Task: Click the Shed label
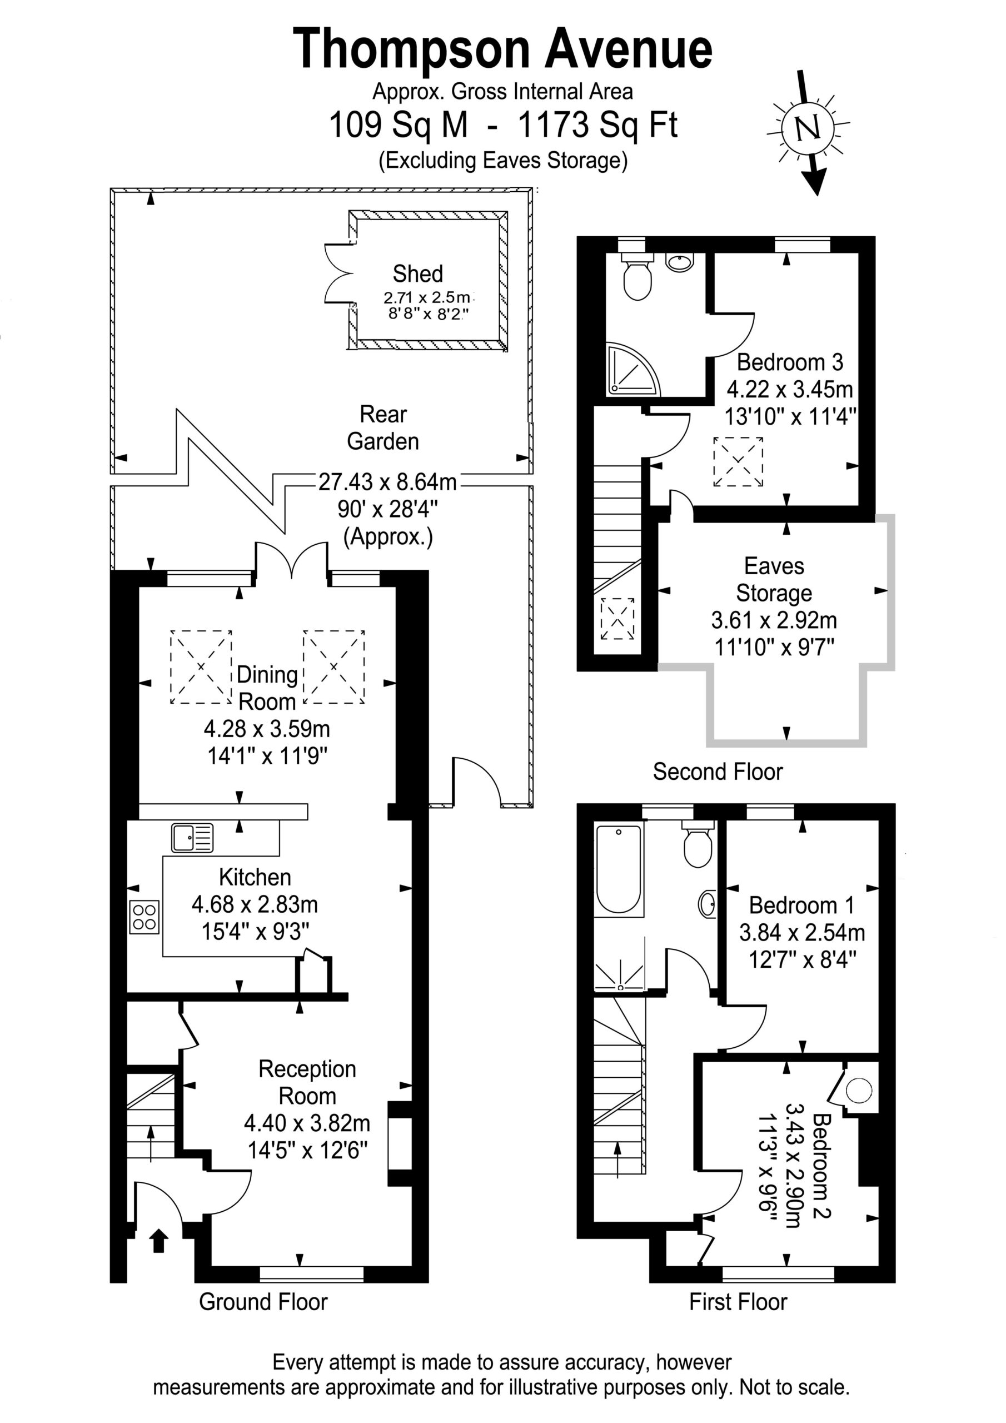pyautogui.click(x=418, y=273)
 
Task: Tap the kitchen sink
pyautogui.click(x=192, y=837)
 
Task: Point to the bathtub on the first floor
pyautogui.click(x=619, y=868)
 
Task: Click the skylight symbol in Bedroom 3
pyautogui.click(x=738, y=462)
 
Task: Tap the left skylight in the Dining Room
pyautogui.click(x=201, y=667)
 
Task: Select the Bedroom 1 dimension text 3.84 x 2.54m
pyautogui.click(x=802, y=932)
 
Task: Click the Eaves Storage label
pyautogui.click(x=774, y=580)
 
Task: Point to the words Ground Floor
pyautogui.click(x=263, y=1302)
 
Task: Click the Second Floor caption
pyautogui.click(x=718, y=772)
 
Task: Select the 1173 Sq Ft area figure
pyautogui.click(x=597, y=125)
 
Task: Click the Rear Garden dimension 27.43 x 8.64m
pyautogui.click(x=387, y=481)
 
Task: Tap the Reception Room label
pyautogui.click(x=307, y=1083)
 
